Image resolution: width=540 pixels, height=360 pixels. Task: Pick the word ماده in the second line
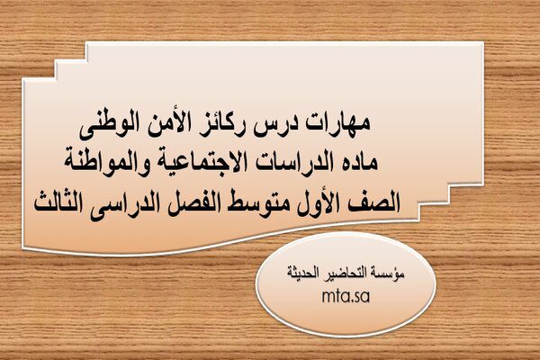pos(359,160)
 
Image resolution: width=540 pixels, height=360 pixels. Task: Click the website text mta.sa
pos(346,296)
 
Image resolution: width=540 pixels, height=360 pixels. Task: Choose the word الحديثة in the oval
pos(305,273)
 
